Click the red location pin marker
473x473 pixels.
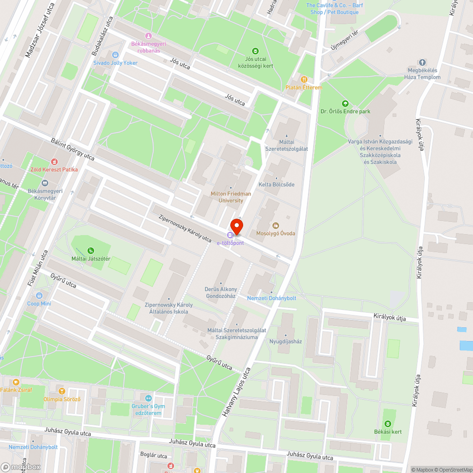[236, 227]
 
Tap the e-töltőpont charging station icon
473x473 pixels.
[230, 235]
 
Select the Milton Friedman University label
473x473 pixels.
[231, 197]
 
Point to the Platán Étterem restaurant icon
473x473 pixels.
[304, 79]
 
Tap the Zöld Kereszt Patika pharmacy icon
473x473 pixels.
[53, 161]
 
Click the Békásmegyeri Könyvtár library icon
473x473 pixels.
[45, 183]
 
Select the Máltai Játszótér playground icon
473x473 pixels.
[90, 251]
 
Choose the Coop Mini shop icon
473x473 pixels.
[39, 296]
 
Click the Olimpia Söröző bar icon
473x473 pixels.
[61, 391]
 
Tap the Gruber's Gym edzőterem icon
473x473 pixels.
[149, 398]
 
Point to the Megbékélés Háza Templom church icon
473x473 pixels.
[422, 62]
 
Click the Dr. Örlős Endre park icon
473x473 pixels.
[345, 103]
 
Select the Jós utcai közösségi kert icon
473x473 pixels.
[255, 51]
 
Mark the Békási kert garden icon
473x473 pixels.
[388, 423]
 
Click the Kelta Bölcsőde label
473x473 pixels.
[277, 184]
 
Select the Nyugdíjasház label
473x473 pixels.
[286, 341]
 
